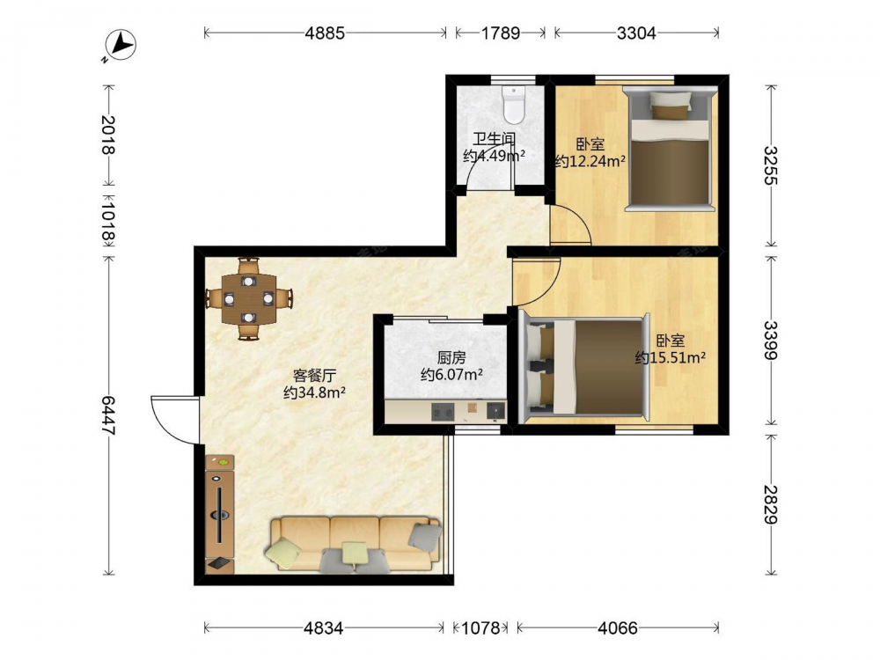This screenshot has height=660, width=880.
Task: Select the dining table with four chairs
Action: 249,298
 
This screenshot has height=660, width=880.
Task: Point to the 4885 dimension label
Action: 325,33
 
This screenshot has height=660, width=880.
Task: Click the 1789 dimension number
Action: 501,33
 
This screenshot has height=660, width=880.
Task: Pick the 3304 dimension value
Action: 636,33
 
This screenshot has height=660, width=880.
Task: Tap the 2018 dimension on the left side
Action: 108,135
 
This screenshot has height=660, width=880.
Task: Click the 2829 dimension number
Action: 772,504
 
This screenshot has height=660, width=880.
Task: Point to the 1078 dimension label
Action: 480,627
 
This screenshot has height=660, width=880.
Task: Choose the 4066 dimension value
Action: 618,627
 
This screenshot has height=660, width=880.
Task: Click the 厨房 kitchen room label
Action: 451,357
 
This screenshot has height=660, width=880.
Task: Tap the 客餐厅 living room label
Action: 314,375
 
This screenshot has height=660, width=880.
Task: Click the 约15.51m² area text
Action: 670,357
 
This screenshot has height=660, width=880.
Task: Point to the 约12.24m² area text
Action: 590,162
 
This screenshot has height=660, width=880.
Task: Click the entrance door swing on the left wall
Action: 174,420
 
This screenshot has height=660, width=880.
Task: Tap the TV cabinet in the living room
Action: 220,514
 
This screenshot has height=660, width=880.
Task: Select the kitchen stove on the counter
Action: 443,413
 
